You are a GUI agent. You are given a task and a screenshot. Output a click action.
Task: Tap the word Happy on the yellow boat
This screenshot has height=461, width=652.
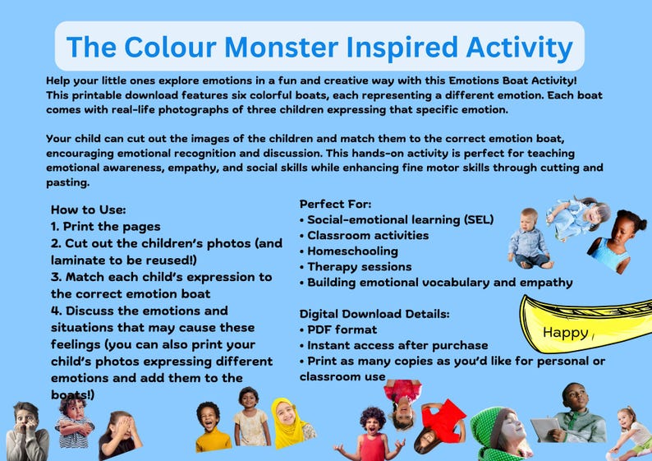pos(566,333)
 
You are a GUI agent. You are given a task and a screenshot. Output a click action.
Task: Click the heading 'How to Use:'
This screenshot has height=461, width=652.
pos(88,210)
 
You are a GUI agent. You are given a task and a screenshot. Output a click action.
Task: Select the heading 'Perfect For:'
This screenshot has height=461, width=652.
pos(335,203)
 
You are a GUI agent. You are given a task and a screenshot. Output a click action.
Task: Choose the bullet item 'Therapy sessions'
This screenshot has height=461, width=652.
pos(359,266)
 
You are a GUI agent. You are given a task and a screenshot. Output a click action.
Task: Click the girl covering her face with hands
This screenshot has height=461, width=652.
pos(120,436)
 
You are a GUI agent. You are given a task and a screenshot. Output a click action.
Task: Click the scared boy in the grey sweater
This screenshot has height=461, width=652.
pos(26,433)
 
